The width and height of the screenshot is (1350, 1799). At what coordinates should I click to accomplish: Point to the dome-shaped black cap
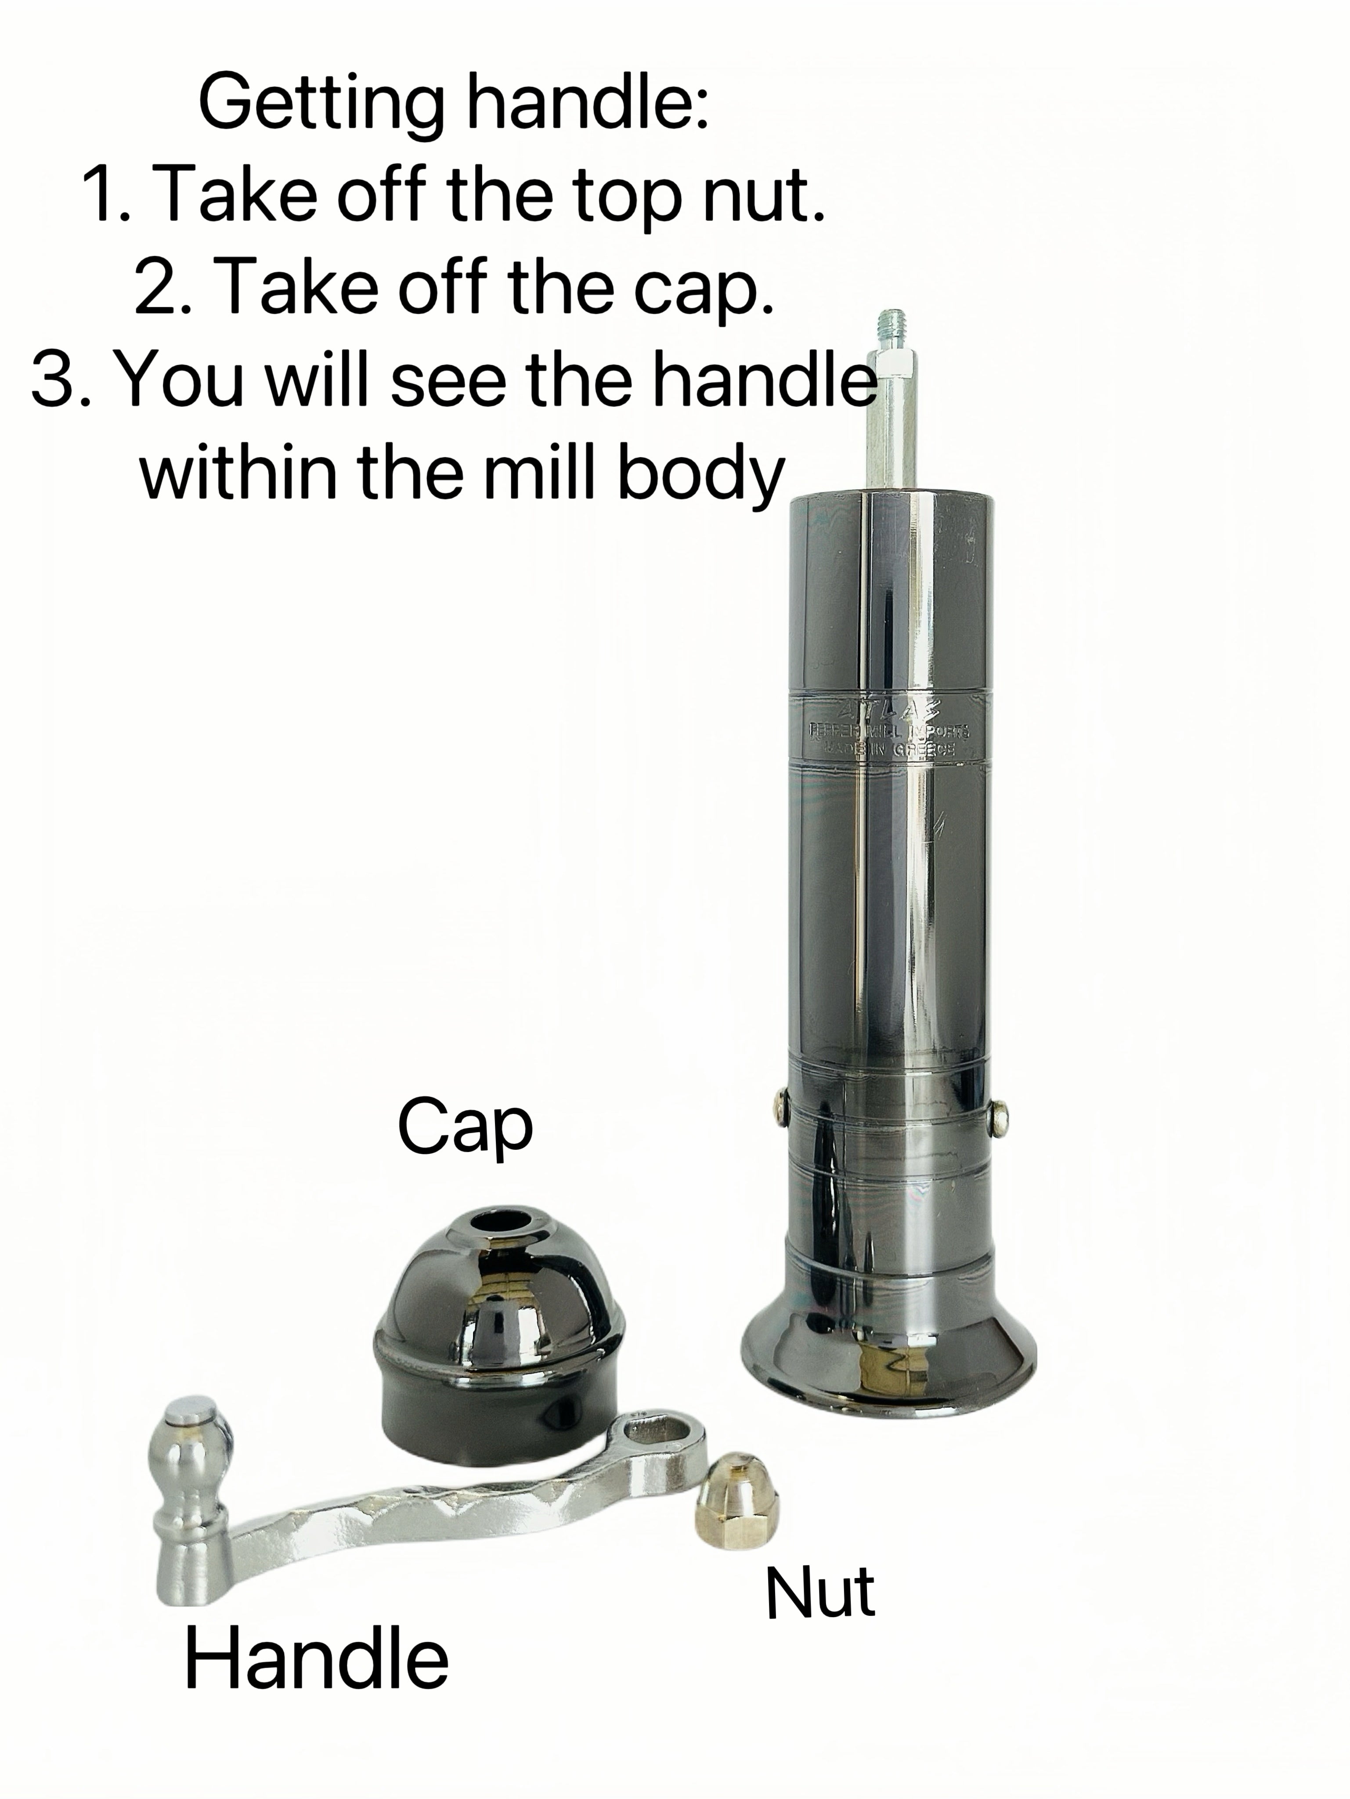click(x=498, y=1318)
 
